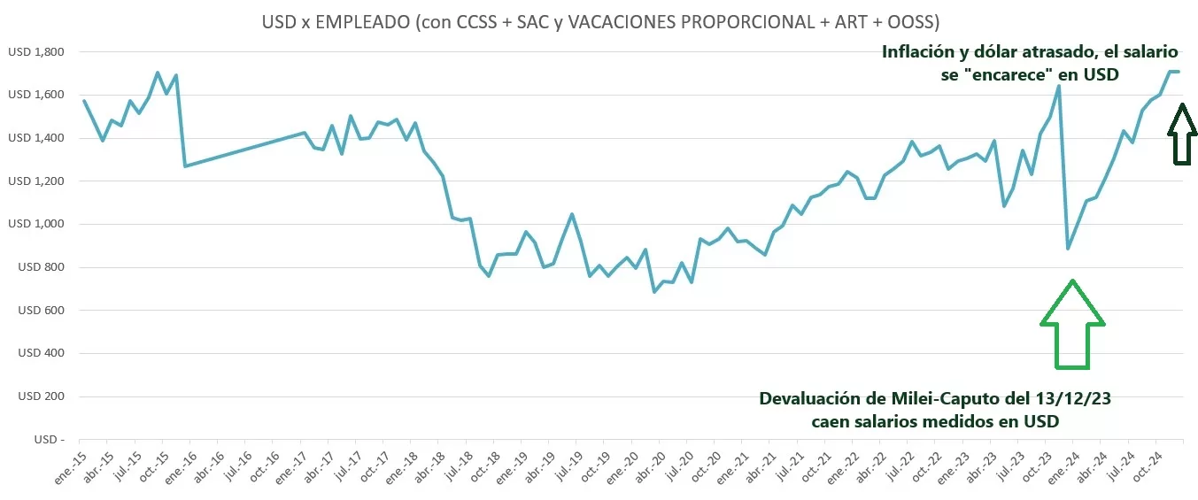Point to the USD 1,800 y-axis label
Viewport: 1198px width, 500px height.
(35, 52)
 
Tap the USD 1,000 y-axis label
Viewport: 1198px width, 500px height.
(35, 224)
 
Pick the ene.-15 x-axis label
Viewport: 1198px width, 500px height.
(66, 468)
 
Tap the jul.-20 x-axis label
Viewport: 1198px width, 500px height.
(678, 468)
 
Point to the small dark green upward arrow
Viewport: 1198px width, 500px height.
(1182, 134)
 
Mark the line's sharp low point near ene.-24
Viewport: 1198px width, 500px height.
(1068, 249)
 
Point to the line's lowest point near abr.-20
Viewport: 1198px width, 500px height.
(654, 291)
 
